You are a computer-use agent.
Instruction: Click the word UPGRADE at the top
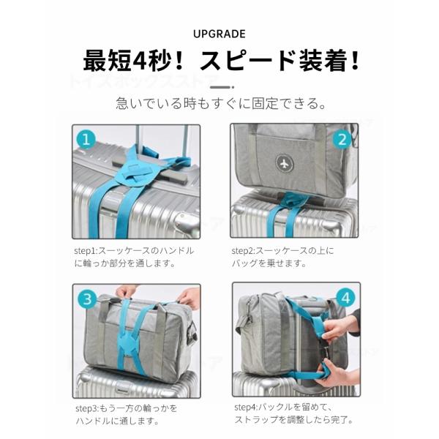coord(219,34)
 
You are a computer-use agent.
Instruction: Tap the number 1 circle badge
coord(86,140)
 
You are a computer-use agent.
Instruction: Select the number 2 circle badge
coord(342,140)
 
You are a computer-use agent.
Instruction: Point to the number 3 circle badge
coord(87,299)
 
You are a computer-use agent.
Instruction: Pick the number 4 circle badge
coord(345,298)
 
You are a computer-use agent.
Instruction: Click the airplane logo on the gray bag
coord(285,162)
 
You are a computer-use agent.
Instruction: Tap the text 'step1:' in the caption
coord(85,251)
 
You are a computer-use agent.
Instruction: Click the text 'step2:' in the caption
coord(243,251)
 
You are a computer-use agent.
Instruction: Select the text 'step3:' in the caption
coord(87,408)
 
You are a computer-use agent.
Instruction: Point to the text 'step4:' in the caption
coord(246,407)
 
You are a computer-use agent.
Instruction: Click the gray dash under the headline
coord(222,87)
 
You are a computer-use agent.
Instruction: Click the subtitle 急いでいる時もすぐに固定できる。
coord(221,103)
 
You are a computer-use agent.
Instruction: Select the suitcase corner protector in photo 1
coord(187,221)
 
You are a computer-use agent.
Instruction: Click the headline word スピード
coord(247,61)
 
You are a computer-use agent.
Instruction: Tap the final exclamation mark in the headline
coord(355,61)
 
